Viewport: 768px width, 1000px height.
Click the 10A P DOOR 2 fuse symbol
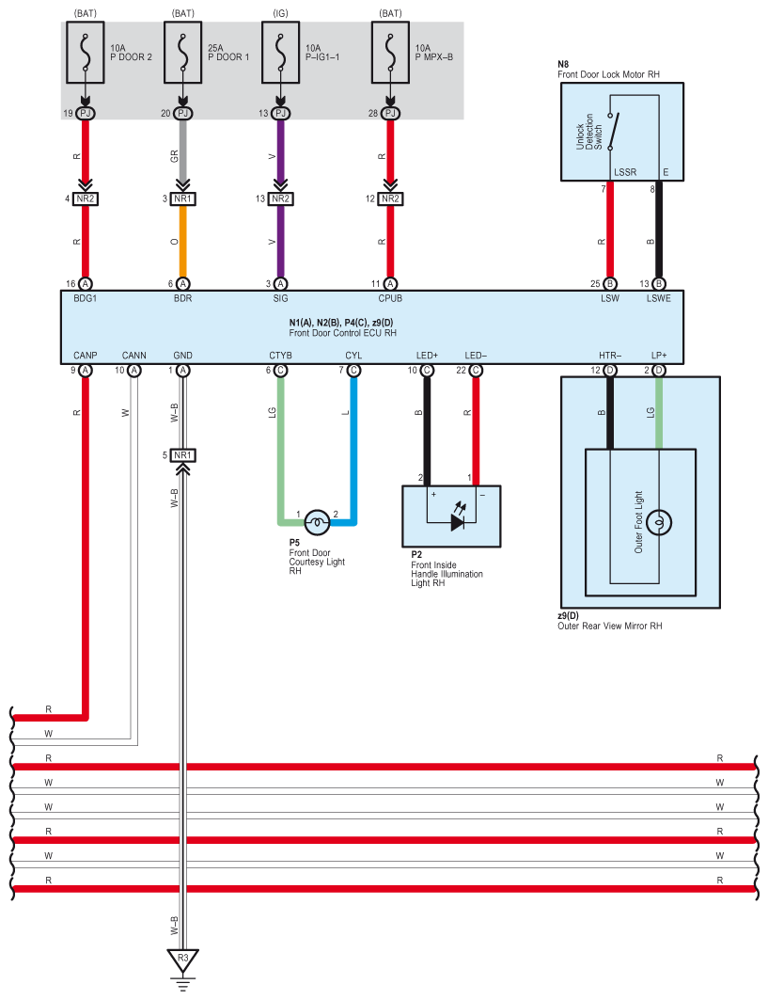point(86,53)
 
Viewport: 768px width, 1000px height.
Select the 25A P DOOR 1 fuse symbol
point(183,53)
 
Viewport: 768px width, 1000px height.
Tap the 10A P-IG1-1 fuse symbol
point(280,53)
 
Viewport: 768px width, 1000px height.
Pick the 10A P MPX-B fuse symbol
point(391,53)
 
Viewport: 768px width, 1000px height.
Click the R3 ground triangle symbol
point(183,960)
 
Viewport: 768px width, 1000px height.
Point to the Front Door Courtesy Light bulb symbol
point(318,522)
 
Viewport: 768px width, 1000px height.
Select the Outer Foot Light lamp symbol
point(659,522)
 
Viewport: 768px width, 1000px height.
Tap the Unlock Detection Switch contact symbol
point(612,132)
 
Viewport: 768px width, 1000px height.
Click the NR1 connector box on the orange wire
point(183,199)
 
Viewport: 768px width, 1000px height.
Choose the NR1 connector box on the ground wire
point(183,455)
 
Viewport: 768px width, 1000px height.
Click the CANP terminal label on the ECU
point(86,356)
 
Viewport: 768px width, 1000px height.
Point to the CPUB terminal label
point(390,298)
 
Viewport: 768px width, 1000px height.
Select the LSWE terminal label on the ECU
point(659,298)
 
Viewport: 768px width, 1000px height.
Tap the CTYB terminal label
point(280,356)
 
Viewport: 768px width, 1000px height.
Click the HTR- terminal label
point(610,356)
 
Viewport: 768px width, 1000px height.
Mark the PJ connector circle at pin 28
point(391,114)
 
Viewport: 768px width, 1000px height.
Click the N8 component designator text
point(563,64)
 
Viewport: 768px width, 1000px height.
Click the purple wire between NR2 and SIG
point(280,241)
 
